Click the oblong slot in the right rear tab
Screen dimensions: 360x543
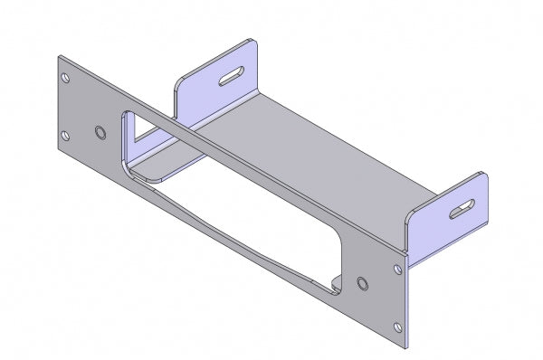[x=463, y=208]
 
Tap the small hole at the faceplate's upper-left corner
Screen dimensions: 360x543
[x=65, y=77]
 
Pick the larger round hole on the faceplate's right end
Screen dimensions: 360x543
[x=363, y=284]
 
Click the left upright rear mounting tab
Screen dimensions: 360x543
[x=217, y=86]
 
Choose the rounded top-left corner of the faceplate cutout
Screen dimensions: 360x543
[x=122, y=116]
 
